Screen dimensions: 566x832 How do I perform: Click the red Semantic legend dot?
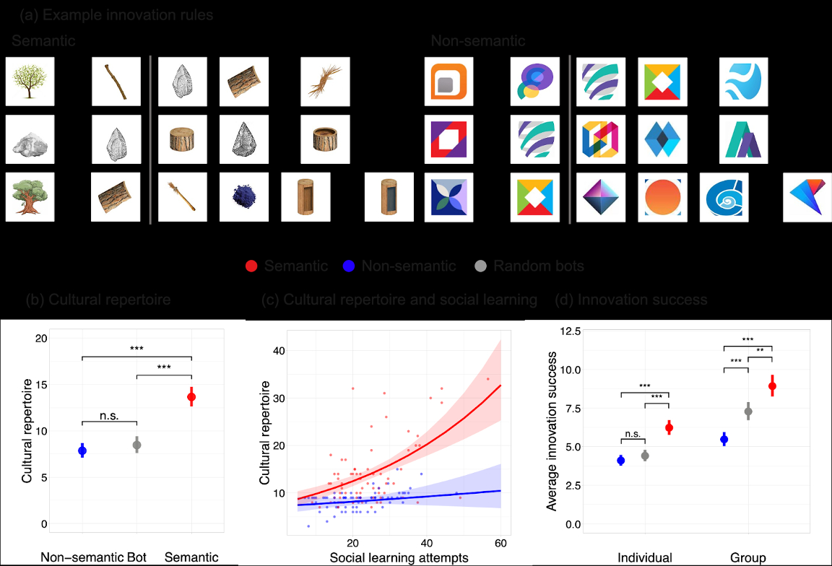tap(250, 266)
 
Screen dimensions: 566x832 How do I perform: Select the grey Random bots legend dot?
tap(481, 266)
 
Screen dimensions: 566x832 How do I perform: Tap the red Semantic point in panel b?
tap(191, 396)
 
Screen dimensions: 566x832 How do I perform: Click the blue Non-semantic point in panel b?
tap(82, 450)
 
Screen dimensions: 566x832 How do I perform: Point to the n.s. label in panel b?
tap(109, 414)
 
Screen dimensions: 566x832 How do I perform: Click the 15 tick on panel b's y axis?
tap(40, 384)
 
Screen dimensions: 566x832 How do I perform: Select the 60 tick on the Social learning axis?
tap(500, 543)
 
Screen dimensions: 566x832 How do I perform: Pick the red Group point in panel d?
tap(772, 386)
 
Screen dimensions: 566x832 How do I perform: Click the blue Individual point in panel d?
tap(620, 461)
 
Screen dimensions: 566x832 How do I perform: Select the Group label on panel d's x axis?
tap(748, 557)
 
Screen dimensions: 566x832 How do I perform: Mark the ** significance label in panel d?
tap(760, 351)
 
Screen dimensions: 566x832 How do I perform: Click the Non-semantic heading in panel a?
tap(477, 41)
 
